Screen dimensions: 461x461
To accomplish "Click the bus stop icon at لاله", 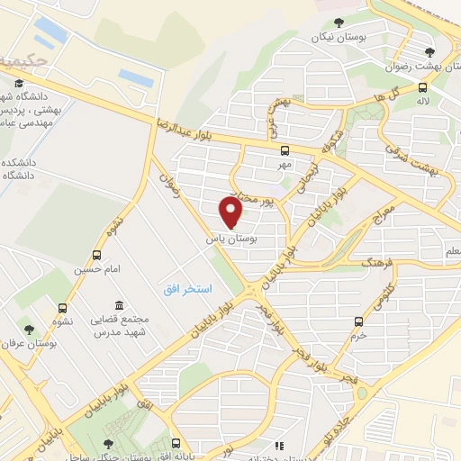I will [422, 87].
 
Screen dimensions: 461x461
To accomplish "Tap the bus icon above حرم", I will [359, 321].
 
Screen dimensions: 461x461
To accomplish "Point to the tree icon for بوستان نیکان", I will [339, 23].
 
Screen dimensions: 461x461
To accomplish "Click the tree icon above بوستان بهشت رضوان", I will [429, 52].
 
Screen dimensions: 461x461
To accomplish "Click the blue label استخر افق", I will [186, 289].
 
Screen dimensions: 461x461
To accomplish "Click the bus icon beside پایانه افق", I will [176, 442].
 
